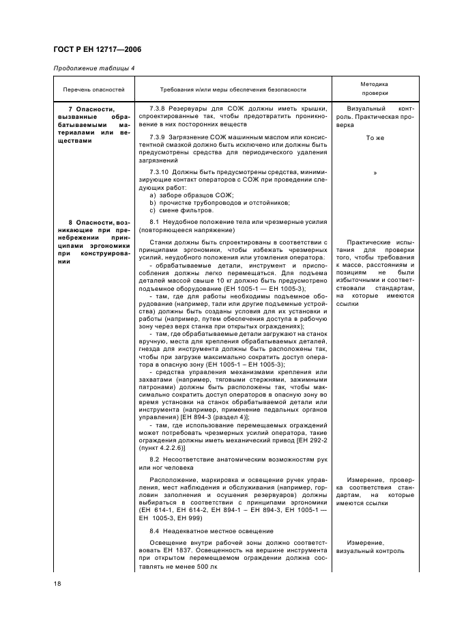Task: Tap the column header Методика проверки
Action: tap(375, 89)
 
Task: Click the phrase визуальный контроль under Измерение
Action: tap(375, 551)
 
